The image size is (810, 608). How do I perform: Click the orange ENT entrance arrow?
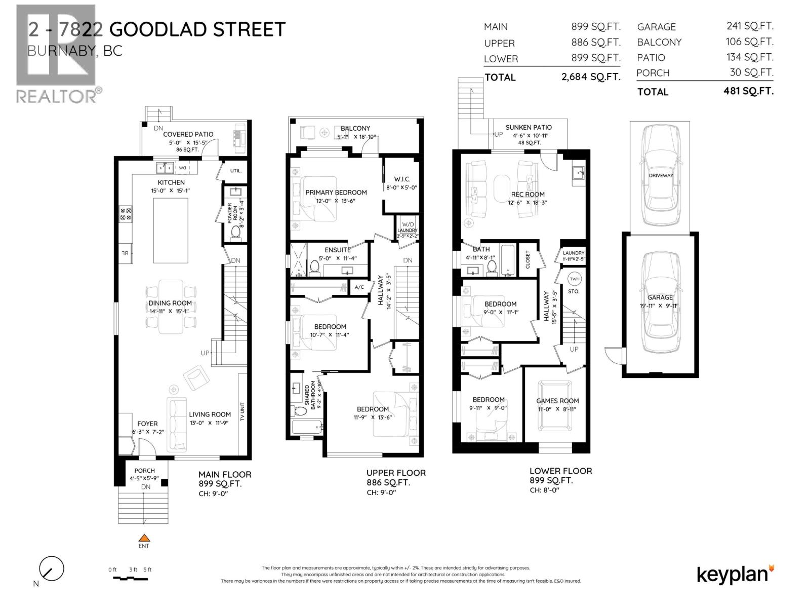tap(144, 538)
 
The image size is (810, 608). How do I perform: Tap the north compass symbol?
tap(52, 569)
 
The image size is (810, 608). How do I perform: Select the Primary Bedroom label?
tap(336, 193)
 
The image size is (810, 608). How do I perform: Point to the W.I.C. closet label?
tap(402, 179)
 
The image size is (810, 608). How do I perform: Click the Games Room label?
tap(557, 401)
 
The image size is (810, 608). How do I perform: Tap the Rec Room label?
tap(528, 194)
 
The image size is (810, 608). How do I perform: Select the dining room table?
tap(171, 307)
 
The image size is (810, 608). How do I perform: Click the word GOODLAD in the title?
tap(158, 29)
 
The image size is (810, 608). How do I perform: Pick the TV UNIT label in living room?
tap(242, 412)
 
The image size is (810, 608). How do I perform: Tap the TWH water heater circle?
tap(574, 279)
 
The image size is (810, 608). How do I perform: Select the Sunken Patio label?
tap(529, 128)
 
